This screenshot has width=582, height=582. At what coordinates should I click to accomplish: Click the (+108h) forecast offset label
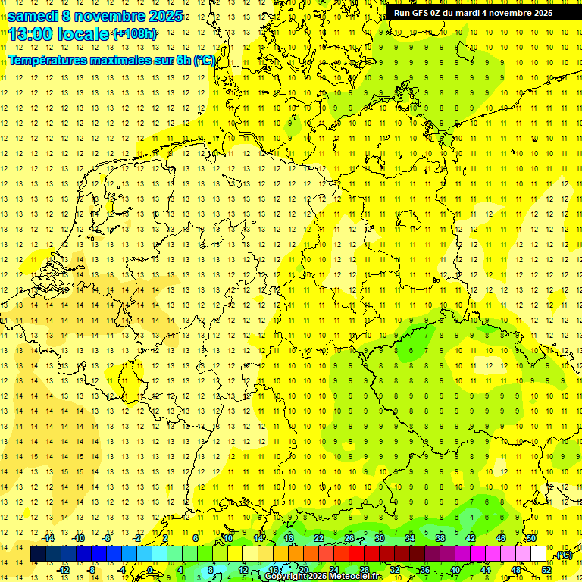click(135, 34)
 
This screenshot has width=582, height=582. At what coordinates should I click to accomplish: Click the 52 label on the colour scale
click(546, 569)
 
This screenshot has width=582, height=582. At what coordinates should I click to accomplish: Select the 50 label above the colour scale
click(531, 538)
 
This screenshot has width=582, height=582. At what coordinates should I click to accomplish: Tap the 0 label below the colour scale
click(151, 569)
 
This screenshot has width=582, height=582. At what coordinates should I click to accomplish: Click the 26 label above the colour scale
click(349, 538)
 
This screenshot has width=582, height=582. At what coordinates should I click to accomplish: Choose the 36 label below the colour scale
click(425, 569)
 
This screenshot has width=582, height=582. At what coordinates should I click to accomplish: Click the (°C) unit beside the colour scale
click(563, 555)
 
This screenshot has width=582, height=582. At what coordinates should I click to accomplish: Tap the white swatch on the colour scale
click(538, 554)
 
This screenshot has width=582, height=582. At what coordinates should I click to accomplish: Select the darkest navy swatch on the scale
click(38, 554)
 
